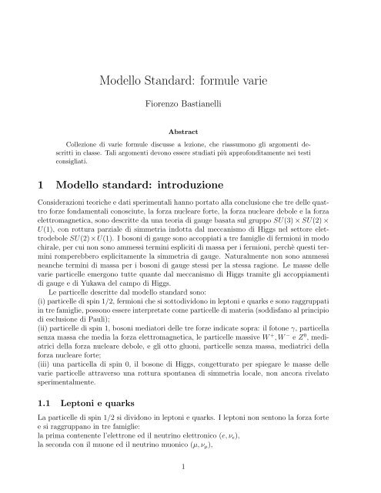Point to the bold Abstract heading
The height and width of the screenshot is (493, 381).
point(190,132)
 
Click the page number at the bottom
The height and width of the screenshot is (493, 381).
point(190,466)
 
